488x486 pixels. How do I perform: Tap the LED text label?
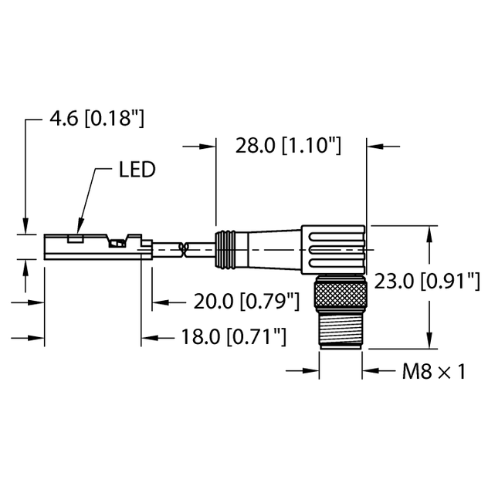click(137, 169)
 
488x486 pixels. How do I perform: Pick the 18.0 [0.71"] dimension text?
click(223, 337)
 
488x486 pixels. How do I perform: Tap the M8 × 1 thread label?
click(434, 372)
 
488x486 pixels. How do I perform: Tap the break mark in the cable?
click(184, 248)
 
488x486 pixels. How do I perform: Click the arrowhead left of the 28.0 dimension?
click(207, 145)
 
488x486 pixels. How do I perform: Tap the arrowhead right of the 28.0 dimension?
click(374, 145)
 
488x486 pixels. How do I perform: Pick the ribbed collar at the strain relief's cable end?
click(224, 248)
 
